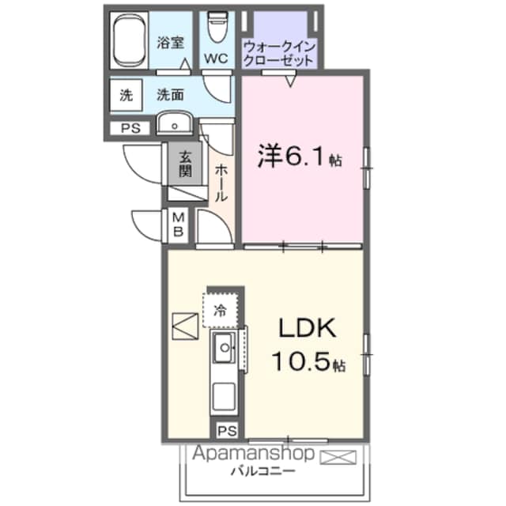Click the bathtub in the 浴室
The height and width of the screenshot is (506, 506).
pos(129,40)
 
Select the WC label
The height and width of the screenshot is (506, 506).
pos(216,59)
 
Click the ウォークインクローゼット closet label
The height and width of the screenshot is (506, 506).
pos(279,54)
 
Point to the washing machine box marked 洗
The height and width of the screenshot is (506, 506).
pos(126,95)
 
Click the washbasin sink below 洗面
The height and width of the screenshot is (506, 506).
pos(175,123)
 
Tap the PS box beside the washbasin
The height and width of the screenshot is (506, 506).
pos(130,128)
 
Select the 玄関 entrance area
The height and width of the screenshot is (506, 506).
pos(185,164)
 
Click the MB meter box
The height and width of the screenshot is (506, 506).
pos(178,225)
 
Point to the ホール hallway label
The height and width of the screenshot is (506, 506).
pos(221,183)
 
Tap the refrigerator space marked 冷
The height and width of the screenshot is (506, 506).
pos(221,310)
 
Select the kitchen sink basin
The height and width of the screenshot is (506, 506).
pos(223,348)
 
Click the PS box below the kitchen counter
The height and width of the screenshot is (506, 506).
pos(227,431)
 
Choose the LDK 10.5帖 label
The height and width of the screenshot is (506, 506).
pos(308,345)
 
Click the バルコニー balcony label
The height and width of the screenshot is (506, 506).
pos(263,471)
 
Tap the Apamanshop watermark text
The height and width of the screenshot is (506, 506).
pos(253,453)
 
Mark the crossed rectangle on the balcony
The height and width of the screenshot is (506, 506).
pos(338,457)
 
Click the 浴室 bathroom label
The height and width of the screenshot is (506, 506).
pos(171,43)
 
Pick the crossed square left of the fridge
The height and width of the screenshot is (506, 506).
pos(185,327)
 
